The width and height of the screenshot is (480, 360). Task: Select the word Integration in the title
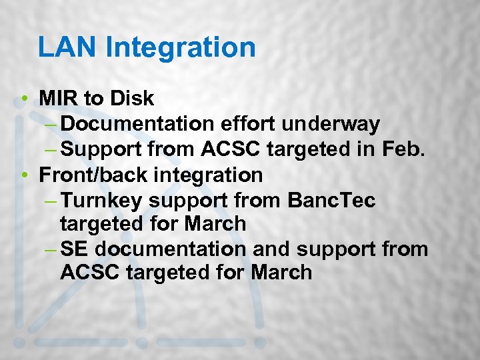coord(181,47)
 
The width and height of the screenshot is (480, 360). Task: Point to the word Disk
coord(132,99)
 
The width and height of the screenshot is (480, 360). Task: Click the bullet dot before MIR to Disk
coord(25,99)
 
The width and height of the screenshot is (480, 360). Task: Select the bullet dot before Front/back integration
coord(25,175)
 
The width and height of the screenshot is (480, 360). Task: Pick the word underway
coord(331,124)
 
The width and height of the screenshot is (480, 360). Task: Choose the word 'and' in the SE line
coord(271,249)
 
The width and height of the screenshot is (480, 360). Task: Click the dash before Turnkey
coord(53,200)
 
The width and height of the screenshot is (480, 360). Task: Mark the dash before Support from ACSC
coord(53,150)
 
